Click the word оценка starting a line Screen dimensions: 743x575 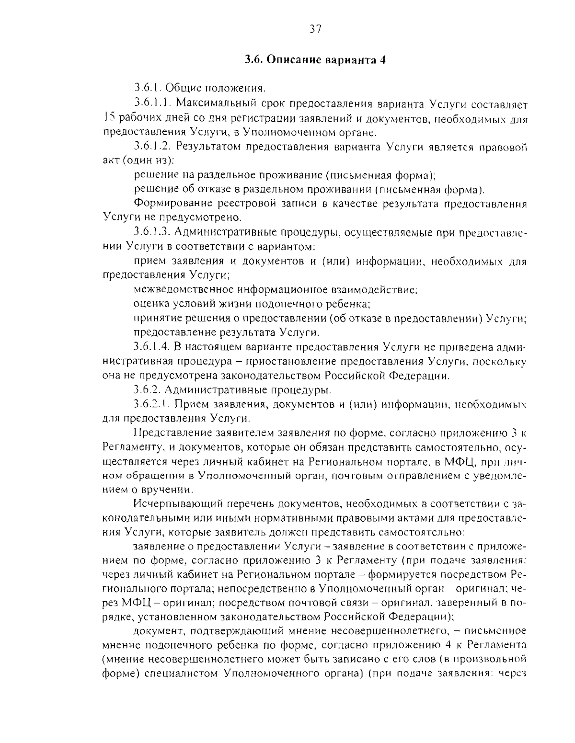click(149, 304)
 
